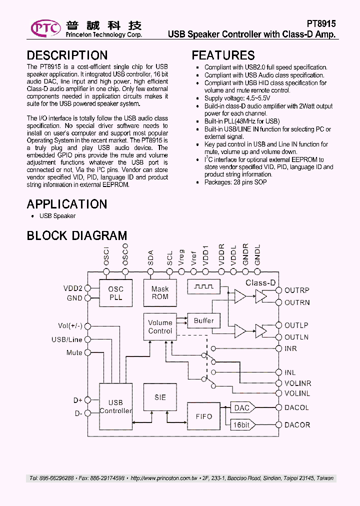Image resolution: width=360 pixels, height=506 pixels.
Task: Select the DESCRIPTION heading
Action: [67, 55]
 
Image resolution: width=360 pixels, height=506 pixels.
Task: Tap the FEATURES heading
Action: [223, 55]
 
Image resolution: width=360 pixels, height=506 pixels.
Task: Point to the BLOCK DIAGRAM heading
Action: [77, 235]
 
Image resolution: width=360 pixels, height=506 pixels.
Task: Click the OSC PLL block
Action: [115, 293]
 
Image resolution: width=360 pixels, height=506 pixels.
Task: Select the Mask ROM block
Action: [160, 293]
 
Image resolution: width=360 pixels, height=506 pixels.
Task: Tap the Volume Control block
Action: [160, 327]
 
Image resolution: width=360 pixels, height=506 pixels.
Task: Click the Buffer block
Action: [203, 321]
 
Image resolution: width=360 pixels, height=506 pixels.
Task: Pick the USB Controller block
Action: [115, 406]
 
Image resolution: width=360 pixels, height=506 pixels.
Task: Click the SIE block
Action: [160, 397]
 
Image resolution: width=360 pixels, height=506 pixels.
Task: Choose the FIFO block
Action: [203, 416]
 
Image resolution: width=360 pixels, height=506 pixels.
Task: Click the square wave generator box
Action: [203, 286]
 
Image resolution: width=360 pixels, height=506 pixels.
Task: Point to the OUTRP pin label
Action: [297, 290]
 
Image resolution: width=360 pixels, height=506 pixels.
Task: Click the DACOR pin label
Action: [297, 425]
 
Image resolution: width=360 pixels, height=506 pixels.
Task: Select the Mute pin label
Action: [74, 353]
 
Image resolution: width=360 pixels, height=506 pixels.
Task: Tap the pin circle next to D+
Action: [87, 400]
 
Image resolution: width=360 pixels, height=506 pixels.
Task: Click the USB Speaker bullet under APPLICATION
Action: [57, 216]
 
